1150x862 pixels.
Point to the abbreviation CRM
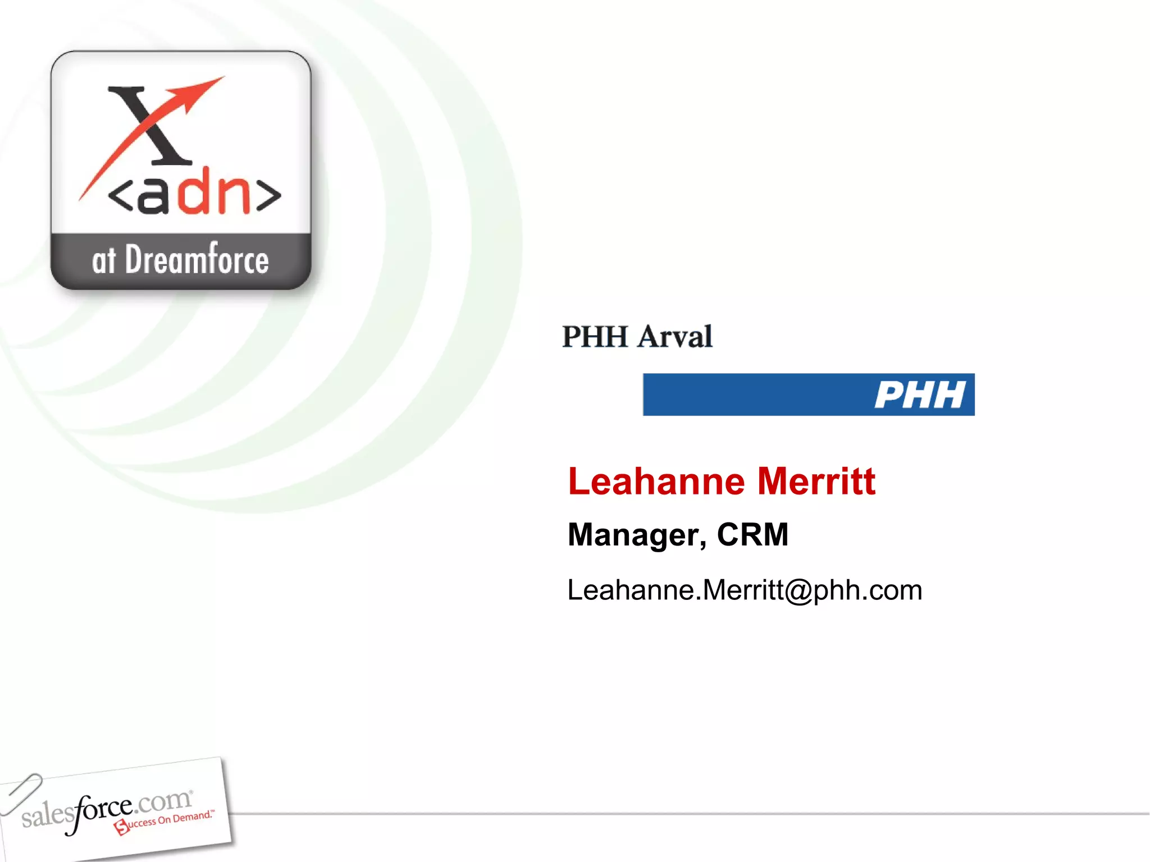752,534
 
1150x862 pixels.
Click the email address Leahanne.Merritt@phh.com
745,590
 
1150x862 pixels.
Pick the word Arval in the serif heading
675,337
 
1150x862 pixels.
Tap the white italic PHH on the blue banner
920,395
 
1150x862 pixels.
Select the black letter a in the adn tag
153,194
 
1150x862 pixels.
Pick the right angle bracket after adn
268,196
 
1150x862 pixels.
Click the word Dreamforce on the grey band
197,260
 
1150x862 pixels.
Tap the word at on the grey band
104,261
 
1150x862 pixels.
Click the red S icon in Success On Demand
121,827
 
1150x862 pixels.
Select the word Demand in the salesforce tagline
191,817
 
